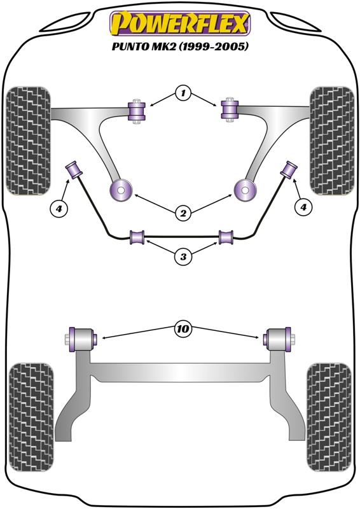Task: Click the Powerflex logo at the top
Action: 180,24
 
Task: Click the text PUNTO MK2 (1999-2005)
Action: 180,46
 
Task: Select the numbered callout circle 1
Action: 183,94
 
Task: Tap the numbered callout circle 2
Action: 183,213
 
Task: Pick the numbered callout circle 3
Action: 183,257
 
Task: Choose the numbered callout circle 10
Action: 183,329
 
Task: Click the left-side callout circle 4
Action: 59,209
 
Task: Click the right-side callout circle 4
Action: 303,207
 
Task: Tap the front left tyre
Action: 29,141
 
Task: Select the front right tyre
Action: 332,141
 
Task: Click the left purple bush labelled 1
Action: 137,111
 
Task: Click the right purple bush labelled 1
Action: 230,109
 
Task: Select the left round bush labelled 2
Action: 121,190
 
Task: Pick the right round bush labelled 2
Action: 246,190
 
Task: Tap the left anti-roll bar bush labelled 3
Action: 137,237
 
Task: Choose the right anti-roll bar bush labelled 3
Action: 226,237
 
